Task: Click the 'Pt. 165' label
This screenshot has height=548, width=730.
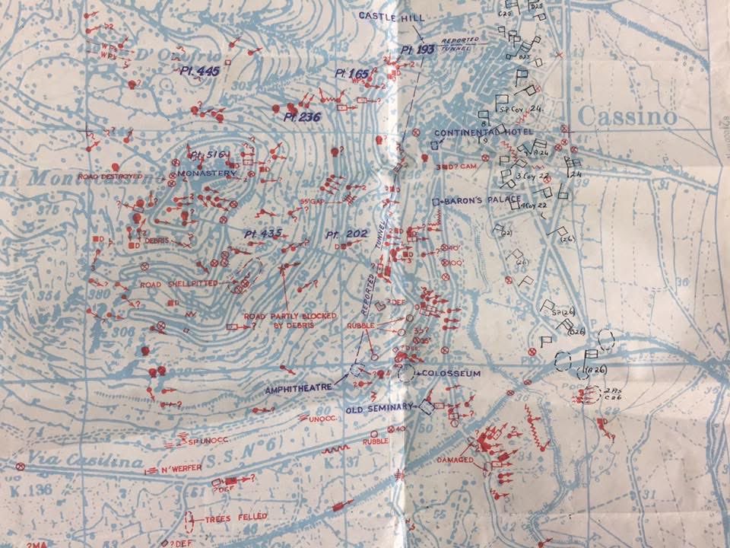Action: pyautogui.click(x=351, y=74)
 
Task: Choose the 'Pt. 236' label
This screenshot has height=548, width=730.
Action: pyautogui.click(x=302, y=116)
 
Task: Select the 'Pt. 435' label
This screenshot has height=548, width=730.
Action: pyautogui.click(x=264, y=232)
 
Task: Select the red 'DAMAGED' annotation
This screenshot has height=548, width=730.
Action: pyautogui.click(x=455, y=460)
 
